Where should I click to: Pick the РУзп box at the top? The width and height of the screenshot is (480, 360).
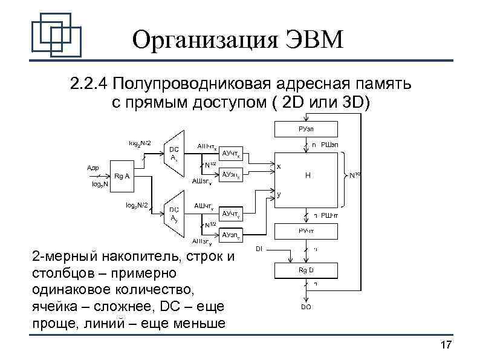pyautogui.click(x=305, y=129)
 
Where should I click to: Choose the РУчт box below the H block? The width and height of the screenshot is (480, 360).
pyautogui.click(x=305, y=231)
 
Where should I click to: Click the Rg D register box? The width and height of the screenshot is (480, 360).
pyautogui.click(x=305, y=270)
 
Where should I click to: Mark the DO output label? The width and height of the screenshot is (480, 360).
pyautogui.click(x=306, y=307)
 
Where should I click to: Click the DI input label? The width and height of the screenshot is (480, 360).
pyautogui.click(x=259, y=248)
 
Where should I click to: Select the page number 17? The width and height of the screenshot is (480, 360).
pyautogui.click(x=446, y=345)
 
